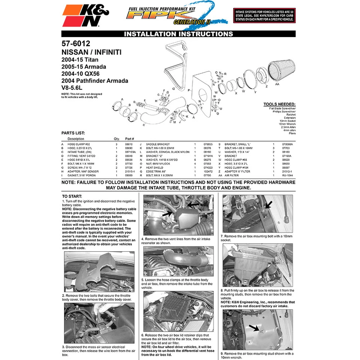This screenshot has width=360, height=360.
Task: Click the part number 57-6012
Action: pyautogui.click(x=76, y=44)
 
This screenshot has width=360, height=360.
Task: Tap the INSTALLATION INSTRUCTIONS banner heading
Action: pyautogui.click(x=178, y=34)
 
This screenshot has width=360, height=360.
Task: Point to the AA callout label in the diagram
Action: pyautogui.click(x=277, y=85)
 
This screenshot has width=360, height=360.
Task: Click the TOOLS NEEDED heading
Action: pyautogui.click(x=279, y=104)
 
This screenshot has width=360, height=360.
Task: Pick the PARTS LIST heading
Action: pyautogui.click(x=73, y=133)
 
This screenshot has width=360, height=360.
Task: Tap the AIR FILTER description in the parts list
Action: pyautogui.click(x=231, y=175)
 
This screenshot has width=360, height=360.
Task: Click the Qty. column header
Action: pyautogui.click(x=117, y=139)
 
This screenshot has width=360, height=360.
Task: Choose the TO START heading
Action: pyautogui.click(x=72, y=196)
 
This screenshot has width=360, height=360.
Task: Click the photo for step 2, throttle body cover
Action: pyautogui.click(x=99, y=271)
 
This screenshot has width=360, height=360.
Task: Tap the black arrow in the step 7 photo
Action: pyautogui.click(x=268, y=205)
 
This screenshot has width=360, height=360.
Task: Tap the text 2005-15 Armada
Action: pyautogui.click(x=84, y=66)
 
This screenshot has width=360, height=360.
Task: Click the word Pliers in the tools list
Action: pyautogui.click(x=292, y=133)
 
